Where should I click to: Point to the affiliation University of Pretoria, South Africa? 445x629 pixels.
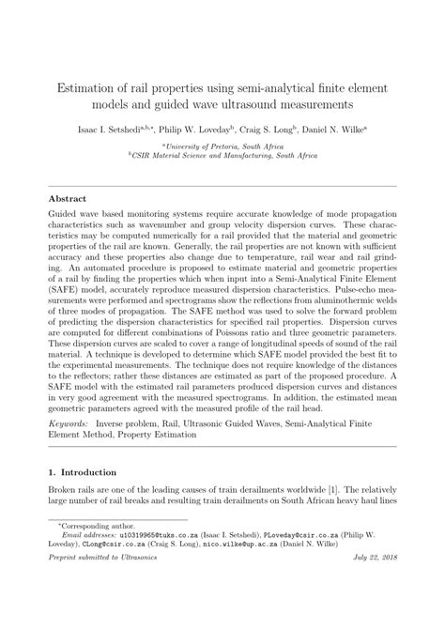point(222,146)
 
